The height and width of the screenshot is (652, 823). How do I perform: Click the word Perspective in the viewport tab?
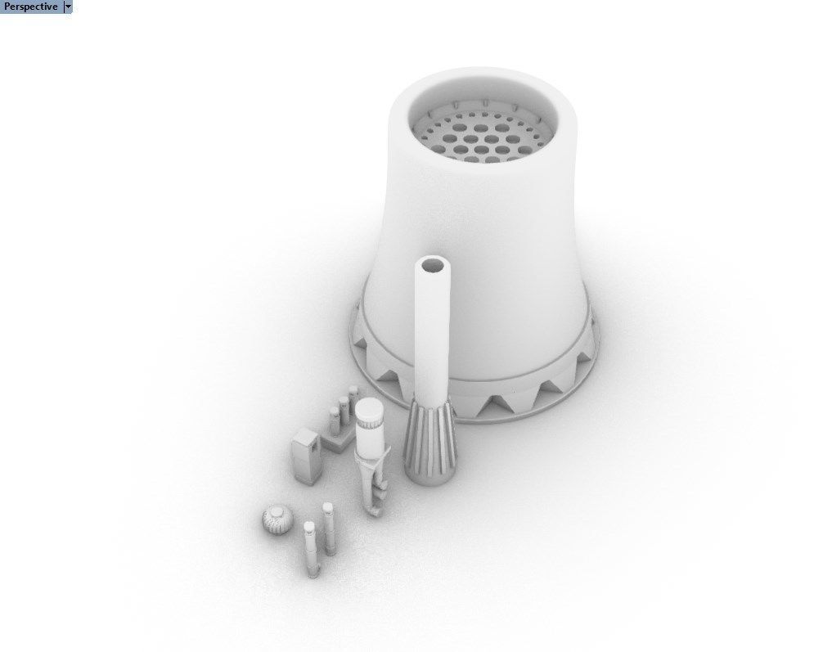pos(31,7)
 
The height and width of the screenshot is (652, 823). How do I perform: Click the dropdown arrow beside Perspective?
pos(67,7)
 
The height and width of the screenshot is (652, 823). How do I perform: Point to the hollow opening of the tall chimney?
pos(434,267)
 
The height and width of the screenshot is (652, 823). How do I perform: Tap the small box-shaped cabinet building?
pos(306,452)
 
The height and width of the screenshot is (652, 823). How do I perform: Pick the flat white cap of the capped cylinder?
pos(371,408)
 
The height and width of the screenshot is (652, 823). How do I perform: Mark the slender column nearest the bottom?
pos(311,548)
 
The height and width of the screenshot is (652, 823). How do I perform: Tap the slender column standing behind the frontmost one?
pos(329,528)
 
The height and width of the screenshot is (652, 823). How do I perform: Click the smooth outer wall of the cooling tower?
pos(507,245)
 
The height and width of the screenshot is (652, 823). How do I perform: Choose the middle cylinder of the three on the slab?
pos(344,409)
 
